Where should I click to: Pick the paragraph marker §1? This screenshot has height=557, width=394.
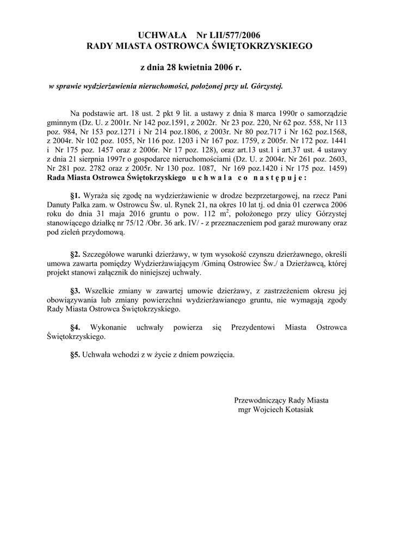76,194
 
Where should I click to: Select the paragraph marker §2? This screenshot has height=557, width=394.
76,254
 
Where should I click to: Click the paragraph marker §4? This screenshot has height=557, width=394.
76,327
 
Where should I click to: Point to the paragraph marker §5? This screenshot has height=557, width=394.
76,355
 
